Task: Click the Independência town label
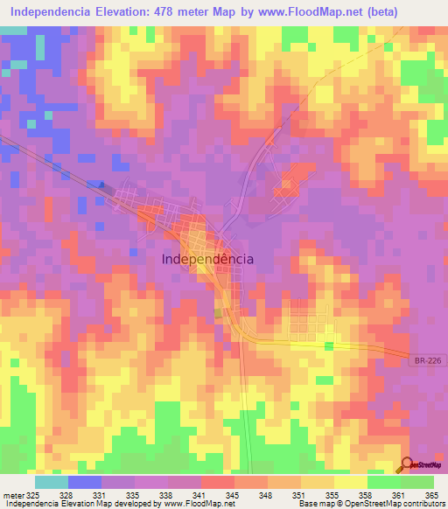point(208,259)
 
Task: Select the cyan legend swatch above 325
point(51,482)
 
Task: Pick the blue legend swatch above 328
point(84,482)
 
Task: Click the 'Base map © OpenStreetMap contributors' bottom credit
point(370,504)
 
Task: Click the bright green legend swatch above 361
point(383,482)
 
